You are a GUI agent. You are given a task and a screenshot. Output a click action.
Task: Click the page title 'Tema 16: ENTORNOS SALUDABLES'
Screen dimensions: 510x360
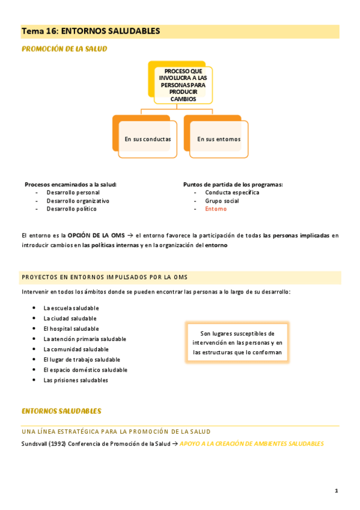click(91, 31)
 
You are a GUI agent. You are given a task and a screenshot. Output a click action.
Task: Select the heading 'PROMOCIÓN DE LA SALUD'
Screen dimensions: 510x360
click(64, 49)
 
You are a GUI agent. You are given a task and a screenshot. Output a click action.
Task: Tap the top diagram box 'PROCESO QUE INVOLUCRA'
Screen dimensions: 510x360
click(183, 84)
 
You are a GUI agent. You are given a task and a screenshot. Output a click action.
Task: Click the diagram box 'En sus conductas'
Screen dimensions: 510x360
click(147, 139)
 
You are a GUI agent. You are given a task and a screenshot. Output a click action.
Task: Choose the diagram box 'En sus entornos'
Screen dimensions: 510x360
click(218, 139)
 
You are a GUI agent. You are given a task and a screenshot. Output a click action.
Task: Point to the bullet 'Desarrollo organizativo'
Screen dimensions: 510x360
click(78, 201)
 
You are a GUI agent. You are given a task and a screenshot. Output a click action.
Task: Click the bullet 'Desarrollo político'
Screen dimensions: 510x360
click(71, 209)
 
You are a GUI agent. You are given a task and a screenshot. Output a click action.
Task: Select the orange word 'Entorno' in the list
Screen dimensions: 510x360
click(216, 209)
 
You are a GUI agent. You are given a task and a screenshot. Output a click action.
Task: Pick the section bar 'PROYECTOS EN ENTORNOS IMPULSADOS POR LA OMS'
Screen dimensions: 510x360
click(105, 277)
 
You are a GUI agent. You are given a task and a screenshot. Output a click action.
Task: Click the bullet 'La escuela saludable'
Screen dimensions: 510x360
click(71, 309)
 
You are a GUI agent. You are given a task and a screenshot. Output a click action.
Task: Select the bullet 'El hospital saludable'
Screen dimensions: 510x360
click(71, 329)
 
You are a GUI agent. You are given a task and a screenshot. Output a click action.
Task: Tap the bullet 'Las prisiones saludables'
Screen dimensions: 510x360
click(75, 380)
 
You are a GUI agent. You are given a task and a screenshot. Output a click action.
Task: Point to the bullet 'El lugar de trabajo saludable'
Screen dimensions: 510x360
click(82, 360)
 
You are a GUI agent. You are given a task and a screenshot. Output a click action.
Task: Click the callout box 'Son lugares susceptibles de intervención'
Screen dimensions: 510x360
click(237, 343)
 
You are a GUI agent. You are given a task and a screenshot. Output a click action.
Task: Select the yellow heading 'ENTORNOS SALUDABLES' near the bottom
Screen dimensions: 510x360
click(61, 411)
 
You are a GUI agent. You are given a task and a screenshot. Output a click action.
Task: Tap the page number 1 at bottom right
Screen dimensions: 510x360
click(337, 491)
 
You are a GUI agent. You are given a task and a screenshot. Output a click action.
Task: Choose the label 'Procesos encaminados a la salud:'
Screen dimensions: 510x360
click(70, 184)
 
